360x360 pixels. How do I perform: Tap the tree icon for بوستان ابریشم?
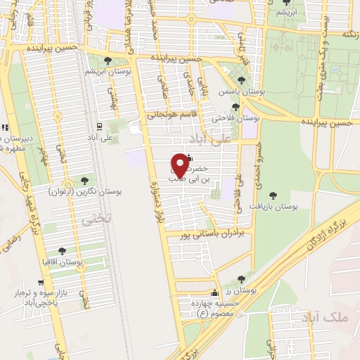click(107, 61)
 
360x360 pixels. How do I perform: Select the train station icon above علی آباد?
click(99, 127)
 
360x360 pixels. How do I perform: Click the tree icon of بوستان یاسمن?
click(242, 81)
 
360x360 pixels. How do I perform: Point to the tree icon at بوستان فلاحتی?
click(236, 108)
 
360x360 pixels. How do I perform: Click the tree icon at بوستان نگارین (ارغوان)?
click(85, 181)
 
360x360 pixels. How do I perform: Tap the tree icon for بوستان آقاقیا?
click(63, 250)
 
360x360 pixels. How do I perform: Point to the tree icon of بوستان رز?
click(242, 279)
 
